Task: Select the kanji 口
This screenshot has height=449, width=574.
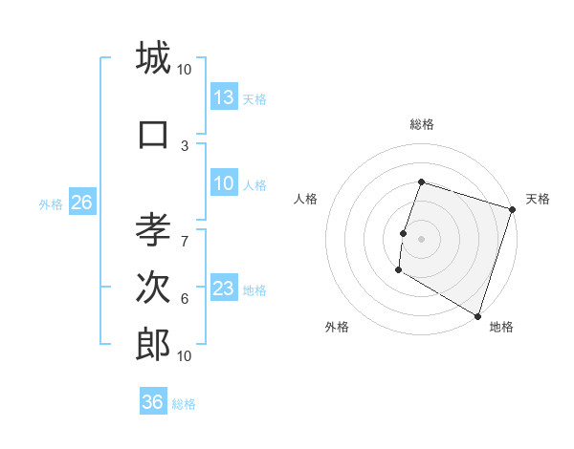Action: pyautogui.click(x=153, y=134)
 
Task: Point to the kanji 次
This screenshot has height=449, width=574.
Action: pyautogui.click(x=153, y=289)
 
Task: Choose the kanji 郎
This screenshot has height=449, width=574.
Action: pyautogui.click(x=153, y=344)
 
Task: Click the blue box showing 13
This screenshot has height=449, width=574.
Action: pyautogui.click(x=224, y=96)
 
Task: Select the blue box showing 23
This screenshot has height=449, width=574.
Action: pyautogui.click(x=224, y=289)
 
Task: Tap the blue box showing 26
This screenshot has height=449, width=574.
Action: pyautogui.click(x=81, y=202)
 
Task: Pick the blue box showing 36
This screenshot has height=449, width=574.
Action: pyautogui.click(x=153, y=402)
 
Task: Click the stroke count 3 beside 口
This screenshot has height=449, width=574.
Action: pyautogui.click(x=185, y=145)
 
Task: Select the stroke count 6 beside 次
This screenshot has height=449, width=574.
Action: pyautogui.click(x=185, y=298)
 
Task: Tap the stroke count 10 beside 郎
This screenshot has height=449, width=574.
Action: pyautogui.click(x=185, y=355)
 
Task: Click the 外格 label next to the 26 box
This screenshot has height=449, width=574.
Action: pyautogui.click(x=50, y=203)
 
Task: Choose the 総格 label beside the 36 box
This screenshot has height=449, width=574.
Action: pyautogui.click(x=184, y=404)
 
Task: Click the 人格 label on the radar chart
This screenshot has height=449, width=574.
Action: pyautogui.click(x=306, y=199)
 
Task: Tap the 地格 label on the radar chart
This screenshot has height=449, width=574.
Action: pyautogui.click(x=501, y=327)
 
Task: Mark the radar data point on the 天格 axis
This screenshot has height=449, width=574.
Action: pyautogui.click(x=511, y=209)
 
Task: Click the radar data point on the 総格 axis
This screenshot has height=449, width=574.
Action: pyautogui.click(x=421, y=182)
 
